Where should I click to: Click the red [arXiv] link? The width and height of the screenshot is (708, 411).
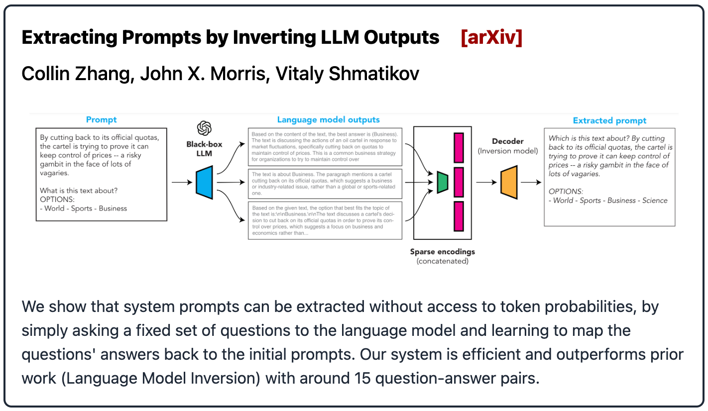tap(491, 38)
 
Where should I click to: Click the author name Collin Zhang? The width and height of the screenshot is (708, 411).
tap(75, 74)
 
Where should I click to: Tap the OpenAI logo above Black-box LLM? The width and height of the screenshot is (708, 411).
tap(204, 128)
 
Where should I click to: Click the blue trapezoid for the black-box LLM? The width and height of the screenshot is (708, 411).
tap(204, 183)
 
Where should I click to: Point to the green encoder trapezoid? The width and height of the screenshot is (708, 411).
tap(442, 182)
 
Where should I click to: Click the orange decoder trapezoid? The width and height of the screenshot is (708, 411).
tap(508, 182)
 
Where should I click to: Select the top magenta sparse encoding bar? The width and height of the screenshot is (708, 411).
tap(459, 147)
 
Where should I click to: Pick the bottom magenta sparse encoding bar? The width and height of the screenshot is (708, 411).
tap(459, 216)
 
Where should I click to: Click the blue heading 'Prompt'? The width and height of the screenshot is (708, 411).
tap(101, 119)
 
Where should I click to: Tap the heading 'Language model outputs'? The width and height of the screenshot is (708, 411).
tap(328, 119)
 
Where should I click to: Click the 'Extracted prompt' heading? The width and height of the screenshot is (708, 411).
tap(609, 120)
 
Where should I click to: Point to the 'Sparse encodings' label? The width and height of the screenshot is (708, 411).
tap(443, 252)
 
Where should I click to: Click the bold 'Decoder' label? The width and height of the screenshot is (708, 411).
tap(507, 141)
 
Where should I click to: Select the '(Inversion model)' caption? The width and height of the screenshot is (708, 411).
tap(507, 151)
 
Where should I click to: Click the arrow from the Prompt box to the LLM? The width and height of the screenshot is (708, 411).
tap(181, 183)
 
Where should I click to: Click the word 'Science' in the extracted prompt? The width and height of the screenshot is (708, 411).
tap(655, 201)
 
